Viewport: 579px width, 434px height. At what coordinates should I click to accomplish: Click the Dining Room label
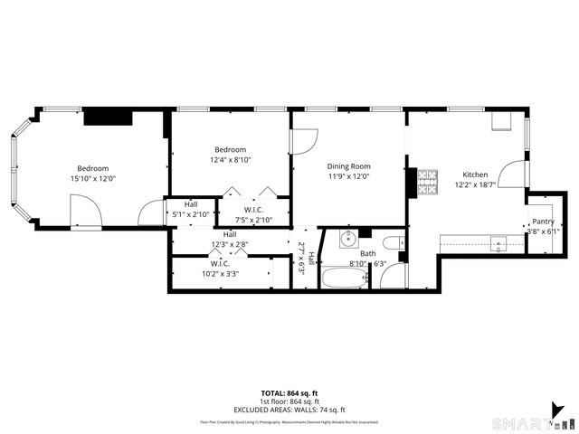coord(349,166)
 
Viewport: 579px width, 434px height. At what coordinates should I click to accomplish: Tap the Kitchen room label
coord(475,175)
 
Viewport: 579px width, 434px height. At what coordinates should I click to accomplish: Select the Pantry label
coord(543,222)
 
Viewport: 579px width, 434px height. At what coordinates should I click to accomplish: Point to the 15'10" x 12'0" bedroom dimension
coord(93,179)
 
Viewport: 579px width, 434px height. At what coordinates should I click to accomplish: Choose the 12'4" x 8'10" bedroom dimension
coord(230,160)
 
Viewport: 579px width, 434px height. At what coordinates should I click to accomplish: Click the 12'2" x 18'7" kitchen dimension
coord(475,184)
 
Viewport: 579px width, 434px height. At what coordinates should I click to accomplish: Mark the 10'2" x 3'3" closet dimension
coord(220,274)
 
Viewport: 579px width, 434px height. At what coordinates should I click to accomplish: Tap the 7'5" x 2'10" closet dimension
coord(253,220)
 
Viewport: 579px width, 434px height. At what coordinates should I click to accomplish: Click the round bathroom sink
coord(347,240)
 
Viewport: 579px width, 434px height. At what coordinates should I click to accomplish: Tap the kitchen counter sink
coord(498,242)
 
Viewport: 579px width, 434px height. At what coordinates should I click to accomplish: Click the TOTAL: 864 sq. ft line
coord(289,392)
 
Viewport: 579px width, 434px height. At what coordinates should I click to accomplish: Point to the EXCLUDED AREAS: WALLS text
coord(289,410)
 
